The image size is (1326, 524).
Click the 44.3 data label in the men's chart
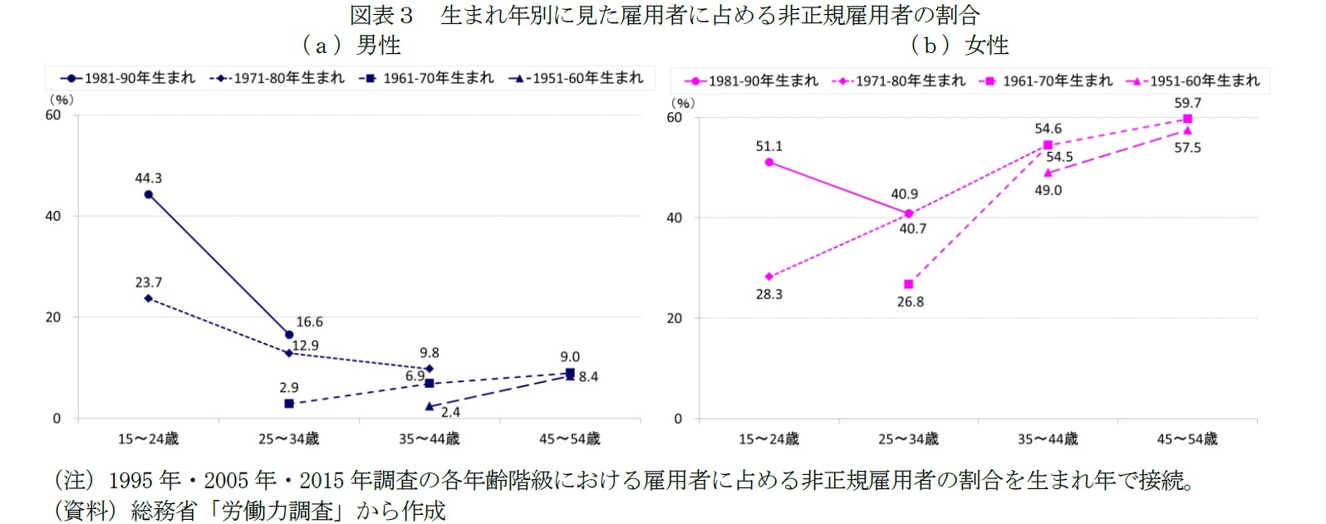point(149,179)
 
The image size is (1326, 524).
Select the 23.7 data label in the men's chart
point(149,283)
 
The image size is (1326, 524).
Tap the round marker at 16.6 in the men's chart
point(289,335)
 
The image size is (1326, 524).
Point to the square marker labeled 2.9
point(289,404)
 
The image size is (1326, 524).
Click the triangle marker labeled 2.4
point(430,406)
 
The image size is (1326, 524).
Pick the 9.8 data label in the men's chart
point(430,353)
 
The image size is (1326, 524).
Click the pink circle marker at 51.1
point(769,162)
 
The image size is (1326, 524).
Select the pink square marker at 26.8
point(909,284)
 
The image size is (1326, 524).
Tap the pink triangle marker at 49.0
point(1049,173)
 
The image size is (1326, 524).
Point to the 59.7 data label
point(1188,103)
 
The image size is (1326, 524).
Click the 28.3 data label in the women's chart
point(769,294)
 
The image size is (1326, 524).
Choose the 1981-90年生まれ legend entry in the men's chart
point(128,78)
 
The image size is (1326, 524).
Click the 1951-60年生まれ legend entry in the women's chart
point(1193,81)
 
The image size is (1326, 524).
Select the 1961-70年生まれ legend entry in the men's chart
point(427,78)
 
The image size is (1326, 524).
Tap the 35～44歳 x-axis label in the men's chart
point(430,438)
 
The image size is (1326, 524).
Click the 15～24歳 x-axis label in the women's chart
point(769,438)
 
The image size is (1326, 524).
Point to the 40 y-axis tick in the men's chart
point(53,216)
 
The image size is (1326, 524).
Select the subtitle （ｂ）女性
point(960,45)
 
